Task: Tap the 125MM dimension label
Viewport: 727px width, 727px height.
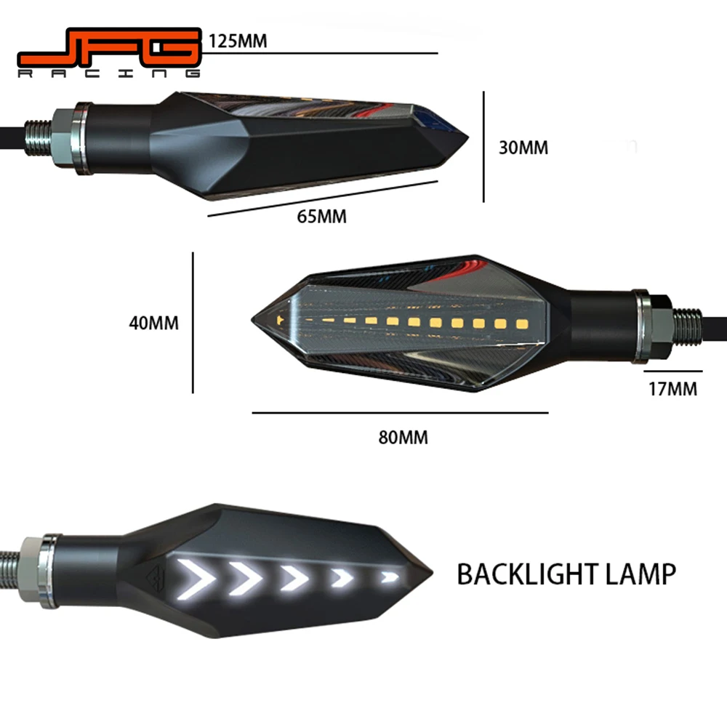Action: (x=238, y=41)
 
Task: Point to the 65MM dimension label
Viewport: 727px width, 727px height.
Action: (x=322, y=216)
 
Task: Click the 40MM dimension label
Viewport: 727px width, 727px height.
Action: (x=153, y=322)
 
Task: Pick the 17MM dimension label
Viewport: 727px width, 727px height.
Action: (x=672, y=389)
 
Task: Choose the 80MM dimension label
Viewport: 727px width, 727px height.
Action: (x=403, y=437)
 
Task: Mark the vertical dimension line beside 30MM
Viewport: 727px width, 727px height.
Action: (x=483, y=147)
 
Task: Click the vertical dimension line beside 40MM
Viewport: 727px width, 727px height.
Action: (x=193, y=322)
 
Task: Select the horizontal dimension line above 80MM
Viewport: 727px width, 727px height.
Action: (x=400, y=413)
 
